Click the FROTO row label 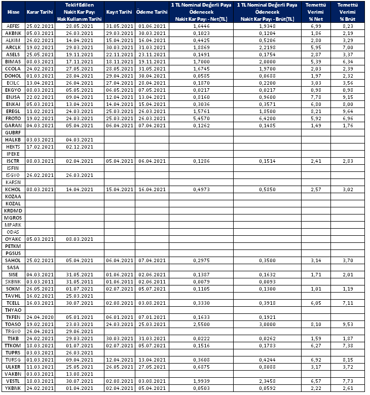click(x=12, y=118)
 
